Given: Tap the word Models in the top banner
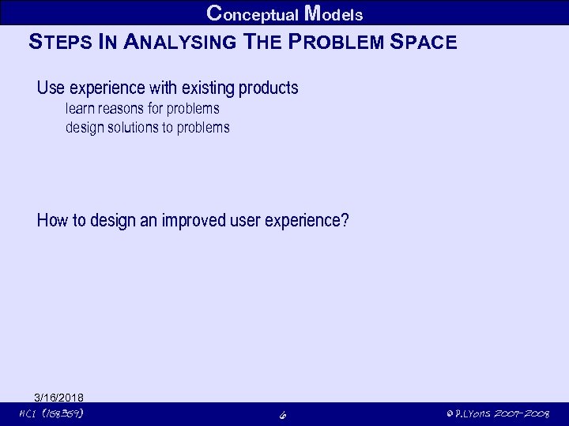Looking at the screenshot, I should [x=333, y=13].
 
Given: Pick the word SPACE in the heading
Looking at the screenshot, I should [x=424, y=42].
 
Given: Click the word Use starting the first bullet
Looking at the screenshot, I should [x=51, y=88].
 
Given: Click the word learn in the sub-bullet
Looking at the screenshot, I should [x=81, y=108].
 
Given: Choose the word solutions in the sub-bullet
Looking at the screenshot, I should [x=131, y=127].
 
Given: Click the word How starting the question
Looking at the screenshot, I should [x=52, y=220].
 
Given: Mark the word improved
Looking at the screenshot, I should [x=194, y=220].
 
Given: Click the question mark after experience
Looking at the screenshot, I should [x=344, y=220].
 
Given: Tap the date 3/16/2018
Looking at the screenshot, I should [x=59, y=397].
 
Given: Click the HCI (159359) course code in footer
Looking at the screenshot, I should [x=52, y=413].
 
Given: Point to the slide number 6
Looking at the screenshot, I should [x=282, y=414].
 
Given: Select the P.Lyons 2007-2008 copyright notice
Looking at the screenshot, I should [x=497, y=413].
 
